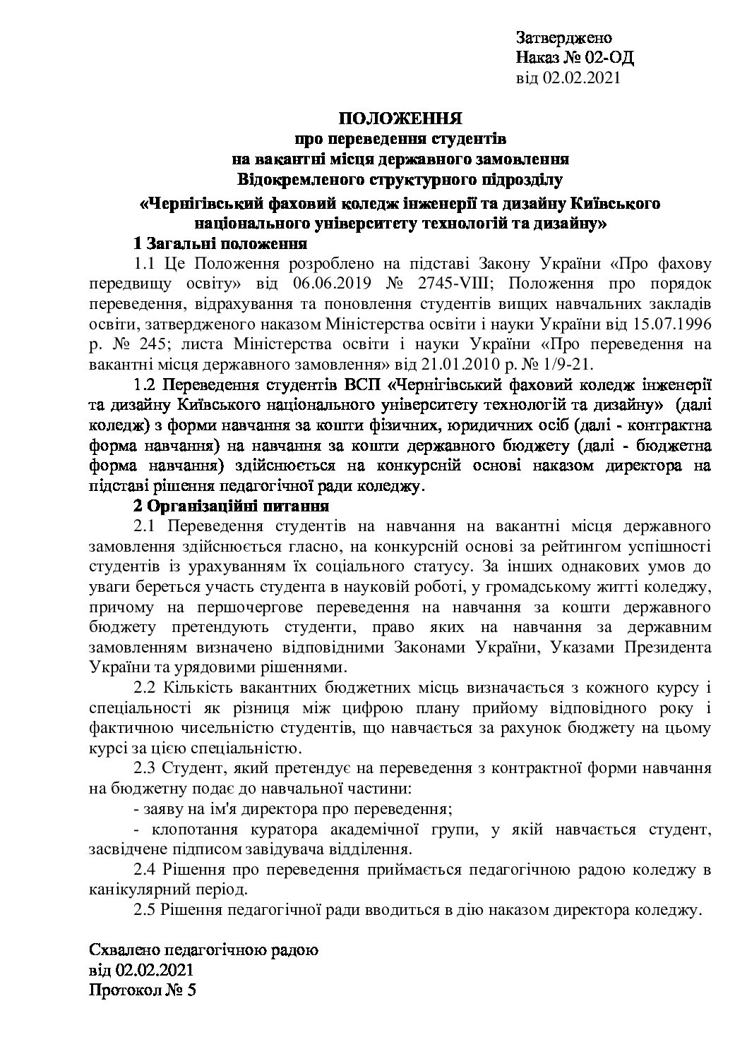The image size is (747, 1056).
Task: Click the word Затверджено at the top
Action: (x=563, y=37)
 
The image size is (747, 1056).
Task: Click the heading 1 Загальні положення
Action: (x=220, y=244)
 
